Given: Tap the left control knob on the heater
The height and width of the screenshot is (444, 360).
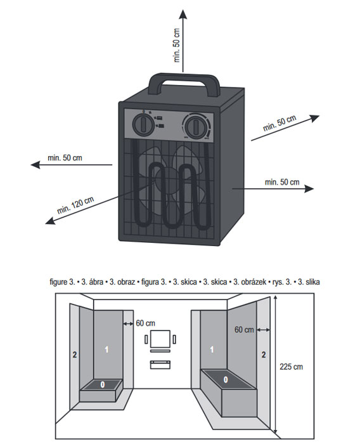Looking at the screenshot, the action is [143, 124].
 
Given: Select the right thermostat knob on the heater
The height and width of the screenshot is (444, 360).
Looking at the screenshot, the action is [196, 126].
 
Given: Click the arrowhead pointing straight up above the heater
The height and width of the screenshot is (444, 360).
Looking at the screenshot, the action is [183, 14].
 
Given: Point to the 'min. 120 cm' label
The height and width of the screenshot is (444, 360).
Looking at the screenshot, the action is [75, 205].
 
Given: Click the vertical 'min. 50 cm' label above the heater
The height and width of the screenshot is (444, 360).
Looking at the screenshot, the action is [177, 45].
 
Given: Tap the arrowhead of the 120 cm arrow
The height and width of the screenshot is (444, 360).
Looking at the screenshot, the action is [50, 220].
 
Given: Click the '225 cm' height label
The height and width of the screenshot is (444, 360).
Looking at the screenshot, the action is [291, 367].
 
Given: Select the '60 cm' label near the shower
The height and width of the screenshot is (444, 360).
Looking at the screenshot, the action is [145, 323].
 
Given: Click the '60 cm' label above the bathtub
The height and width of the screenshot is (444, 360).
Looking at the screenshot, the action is [244, 330].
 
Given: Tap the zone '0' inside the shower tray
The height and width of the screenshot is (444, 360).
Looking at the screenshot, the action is [103, 384].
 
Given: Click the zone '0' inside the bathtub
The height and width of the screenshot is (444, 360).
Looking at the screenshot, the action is [226, 379].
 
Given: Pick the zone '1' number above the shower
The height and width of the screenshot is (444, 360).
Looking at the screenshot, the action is [106, 349].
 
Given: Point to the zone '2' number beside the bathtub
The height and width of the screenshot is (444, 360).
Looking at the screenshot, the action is [264, 355].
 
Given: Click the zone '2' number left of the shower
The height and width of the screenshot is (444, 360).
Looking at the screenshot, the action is [74, 355].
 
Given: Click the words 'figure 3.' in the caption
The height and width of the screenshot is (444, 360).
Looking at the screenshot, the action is [62, 282].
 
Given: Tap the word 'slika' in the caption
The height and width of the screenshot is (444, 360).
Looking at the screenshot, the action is [312, 282].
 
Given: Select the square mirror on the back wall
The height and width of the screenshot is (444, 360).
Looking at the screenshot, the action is [160, 339].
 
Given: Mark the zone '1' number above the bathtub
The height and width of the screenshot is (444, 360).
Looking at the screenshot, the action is [212, 349].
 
